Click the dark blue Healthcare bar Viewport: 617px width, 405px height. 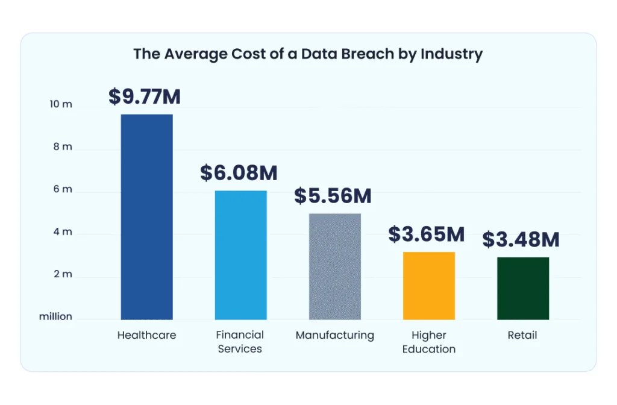pos(146,217)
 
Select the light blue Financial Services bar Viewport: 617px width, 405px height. pos(240,255)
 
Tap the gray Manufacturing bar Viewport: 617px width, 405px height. pos(334,266)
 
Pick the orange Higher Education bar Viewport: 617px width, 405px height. pos(428,286)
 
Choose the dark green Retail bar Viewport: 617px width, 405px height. pos(522,288)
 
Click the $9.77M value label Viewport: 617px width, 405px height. pos(145,96)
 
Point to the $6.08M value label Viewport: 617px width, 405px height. pos(239,173)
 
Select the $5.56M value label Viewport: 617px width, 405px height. pos(333,196)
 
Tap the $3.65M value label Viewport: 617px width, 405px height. pos(427,234)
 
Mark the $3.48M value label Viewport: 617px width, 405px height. pos(521,239)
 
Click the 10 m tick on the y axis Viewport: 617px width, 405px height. pos(60,104)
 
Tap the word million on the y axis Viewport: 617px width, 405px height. pos(55,316)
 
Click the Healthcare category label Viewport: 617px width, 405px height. pos(146,335)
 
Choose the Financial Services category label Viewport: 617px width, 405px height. pos(240,342)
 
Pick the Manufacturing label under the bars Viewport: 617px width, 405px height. pos(334,335)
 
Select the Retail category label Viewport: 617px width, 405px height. pos(522,335)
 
